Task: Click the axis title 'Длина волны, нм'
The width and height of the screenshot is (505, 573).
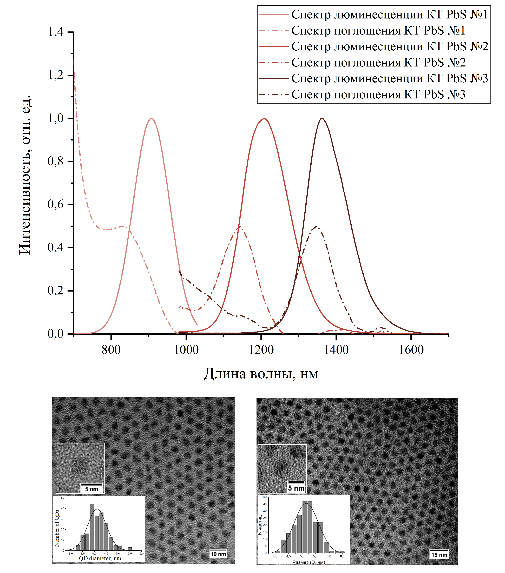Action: [x=261, y=374]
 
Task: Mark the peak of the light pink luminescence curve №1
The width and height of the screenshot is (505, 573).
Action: [x=152, y=118]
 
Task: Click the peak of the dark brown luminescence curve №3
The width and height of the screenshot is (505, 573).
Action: [x=322, y=118]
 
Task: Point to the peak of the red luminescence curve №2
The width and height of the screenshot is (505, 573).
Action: [x=264, y=118]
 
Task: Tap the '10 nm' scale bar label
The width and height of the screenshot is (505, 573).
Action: [x=218, y=554]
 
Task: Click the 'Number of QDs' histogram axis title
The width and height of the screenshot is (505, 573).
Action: [x=57, y=528]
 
